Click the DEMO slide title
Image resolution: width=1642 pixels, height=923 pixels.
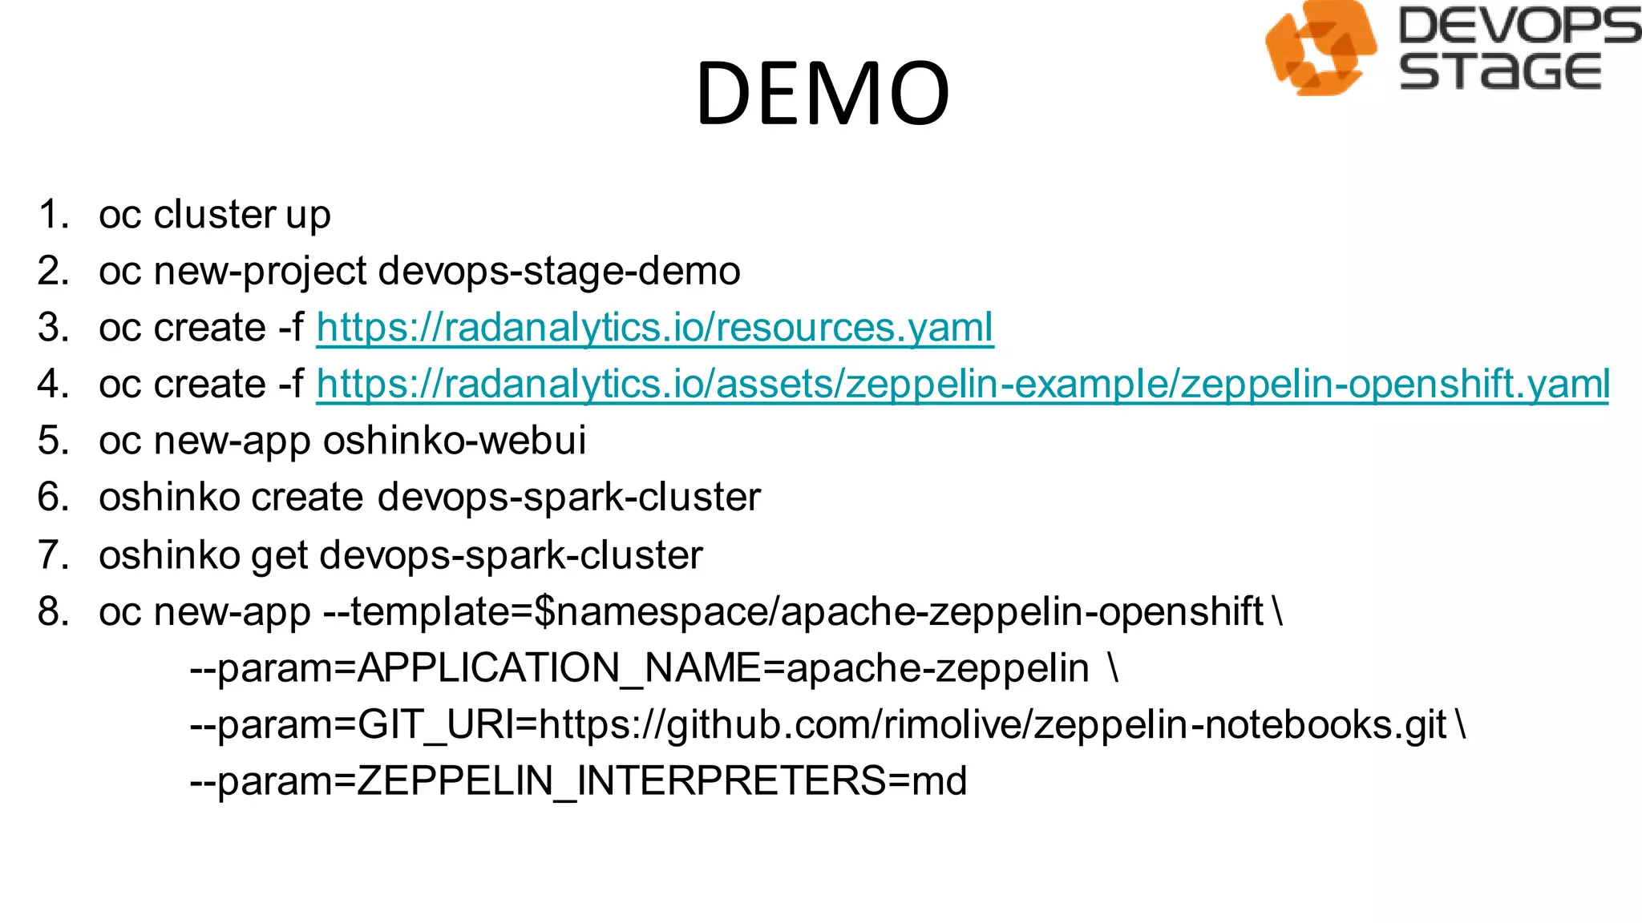point(823,94)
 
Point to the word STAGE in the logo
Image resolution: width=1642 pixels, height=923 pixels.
point(1500,71)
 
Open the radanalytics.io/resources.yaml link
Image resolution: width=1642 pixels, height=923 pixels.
point(655,328)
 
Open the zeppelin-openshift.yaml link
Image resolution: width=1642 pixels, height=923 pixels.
point(962,384)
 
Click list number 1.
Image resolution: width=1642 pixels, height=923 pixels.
point(53,215)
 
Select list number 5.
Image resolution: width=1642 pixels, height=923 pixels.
point(53,441)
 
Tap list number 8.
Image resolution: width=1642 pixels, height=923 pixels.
point(53,612)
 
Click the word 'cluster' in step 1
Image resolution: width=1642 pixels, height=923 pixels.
point(215,215)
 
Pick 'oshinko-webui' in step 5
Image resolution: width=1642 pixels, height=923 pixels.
point(454,441)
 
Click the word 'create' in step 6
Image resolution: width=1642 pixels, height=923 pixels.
point(308,498)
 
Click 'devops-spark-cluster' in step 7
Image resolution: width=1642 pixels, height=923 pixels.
point(511,555)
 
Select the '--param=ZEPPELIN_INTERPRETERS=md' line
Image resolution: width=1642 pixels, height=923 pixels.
point(578,781)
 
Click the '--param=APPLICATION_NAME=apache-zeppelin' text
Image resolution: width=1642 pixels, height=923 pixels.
point(639,668)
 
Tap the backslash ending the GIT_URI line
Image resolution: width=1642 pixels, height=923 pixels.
point(1462,724)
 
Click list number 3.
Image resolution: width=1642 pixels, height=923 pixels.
point(53,328)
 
